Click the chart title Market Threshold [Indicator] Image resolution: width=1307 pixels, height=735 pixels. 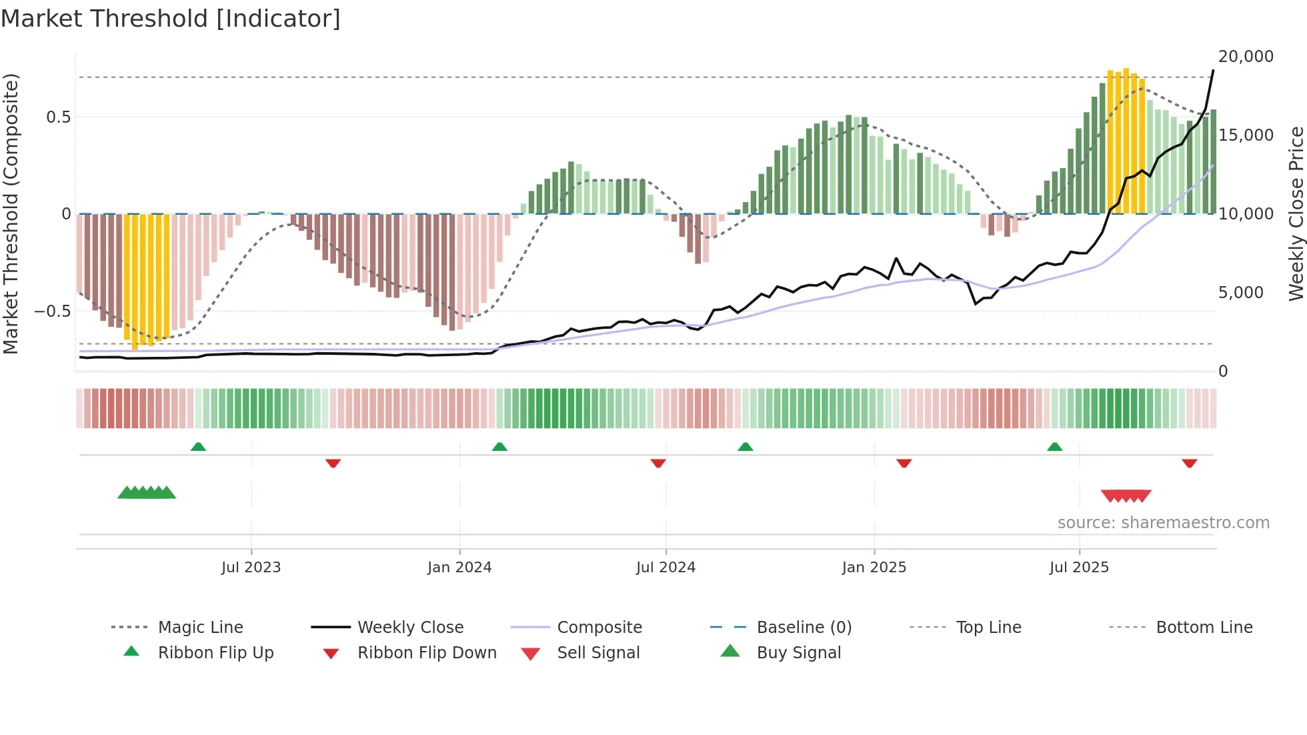pyautogui.click(x=171, y=19)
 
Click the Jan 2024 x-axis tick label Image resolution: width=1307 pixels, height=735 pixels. pyautogui.click(x=459, y=568)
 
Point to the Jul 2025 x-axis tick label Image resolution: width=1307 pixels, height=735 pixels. pyautogui.click(x=1079, y=568)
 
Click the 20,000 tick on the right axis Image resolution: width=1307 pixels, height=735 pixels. pyautogui.click(x=1246, y=57)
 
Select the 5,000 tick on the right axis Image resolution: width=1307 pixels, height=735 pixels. pyautogui.click(x=1240, y=293)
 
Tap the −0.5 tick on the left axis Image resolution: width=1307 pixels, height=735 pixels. pyautogui.click(x=52, y=311)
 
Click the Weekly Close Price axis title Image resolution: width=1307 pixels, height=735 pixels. pyautogui.click(x=1296, y=213)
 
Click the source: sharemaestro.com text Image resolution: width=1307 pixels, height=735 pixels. pyautogui.click(x=1163, y=523)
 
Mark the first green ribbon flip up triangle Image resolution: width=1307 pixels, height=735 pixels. pyautogui.click(x=198, y=447)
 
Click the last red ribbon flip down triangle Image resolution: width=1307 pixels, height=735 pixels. pyautogui.click(x=1189, y=463)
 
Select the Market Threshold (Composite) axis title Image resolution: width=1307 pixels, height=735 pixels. pyautogui.click(x=11, y=213)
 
